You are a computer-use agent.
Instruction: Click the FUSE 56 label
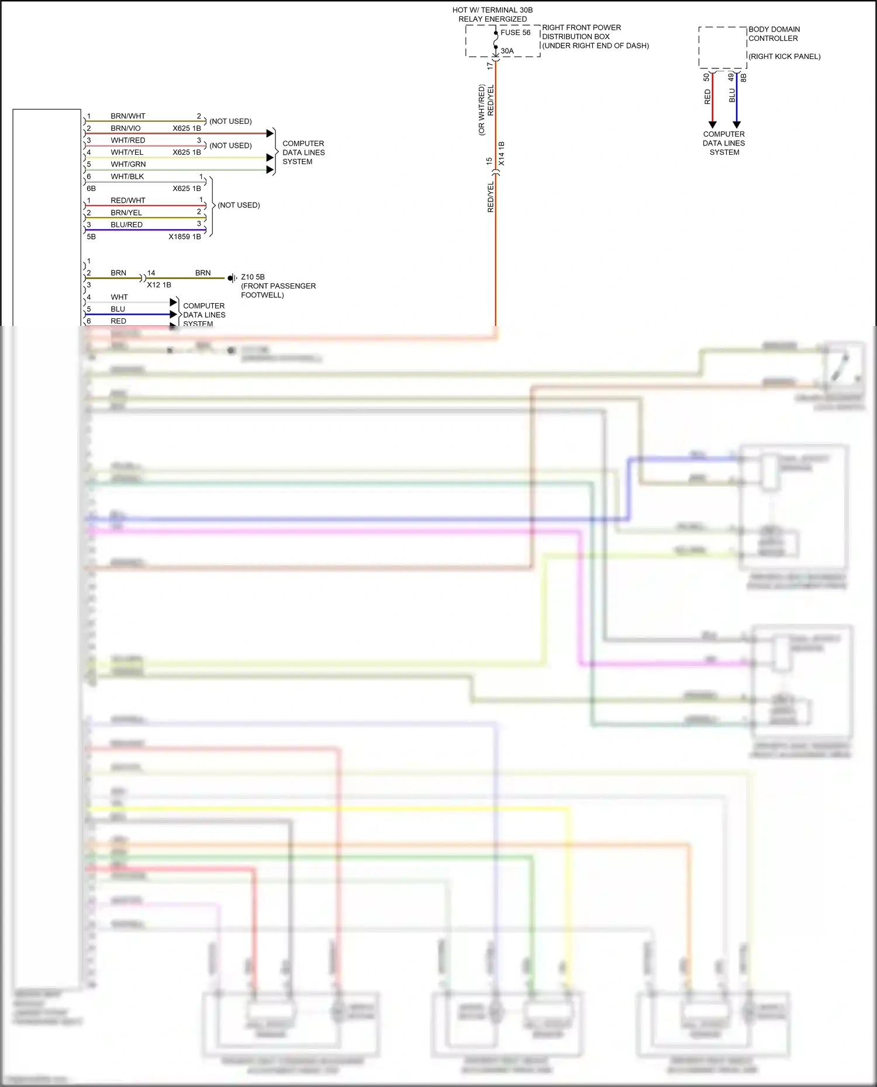515,33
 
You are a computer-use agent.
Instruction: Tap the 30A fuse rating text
507,51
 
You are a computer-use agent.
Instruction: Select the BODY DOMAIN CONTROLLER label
774,34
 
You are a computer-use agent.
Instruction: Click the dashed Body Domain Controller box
723,48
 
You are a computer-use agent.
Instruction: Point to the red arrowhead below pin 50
712,124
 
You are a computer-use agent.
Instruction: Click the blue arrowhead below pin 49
737,124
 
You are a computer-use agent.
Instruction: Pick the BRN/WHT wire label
128,116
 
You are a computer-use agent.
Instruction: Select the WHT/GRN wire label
128,164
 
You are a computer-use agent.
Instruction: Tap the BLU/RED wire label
126,224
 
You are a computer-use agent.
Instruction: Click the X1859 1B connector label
184,237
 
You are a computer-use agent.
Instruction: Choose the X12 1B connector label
158,285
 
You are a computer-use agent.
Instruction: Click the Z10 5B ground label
253,277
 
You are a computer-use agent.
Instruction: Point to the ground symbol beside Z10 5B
232,278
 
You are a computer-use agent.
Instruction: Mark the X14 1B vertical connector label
502,153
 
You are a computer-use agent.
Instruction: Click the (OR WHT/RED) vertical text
482,110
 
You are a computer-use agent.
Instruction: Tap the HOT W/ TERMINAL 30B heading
492,10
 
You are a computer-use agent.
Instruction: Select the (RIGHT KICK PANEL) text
784,57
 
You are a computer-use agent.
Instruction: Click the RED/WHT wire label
128,200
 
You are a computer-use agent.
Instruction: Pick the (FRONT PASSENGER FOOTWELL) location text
278,290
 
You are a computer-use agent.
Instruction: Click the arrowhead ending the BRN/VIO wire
270,133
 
